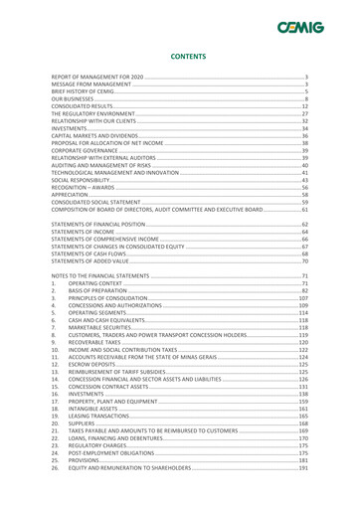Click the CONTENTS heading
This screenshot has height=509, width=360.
[x=180, y=58]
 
